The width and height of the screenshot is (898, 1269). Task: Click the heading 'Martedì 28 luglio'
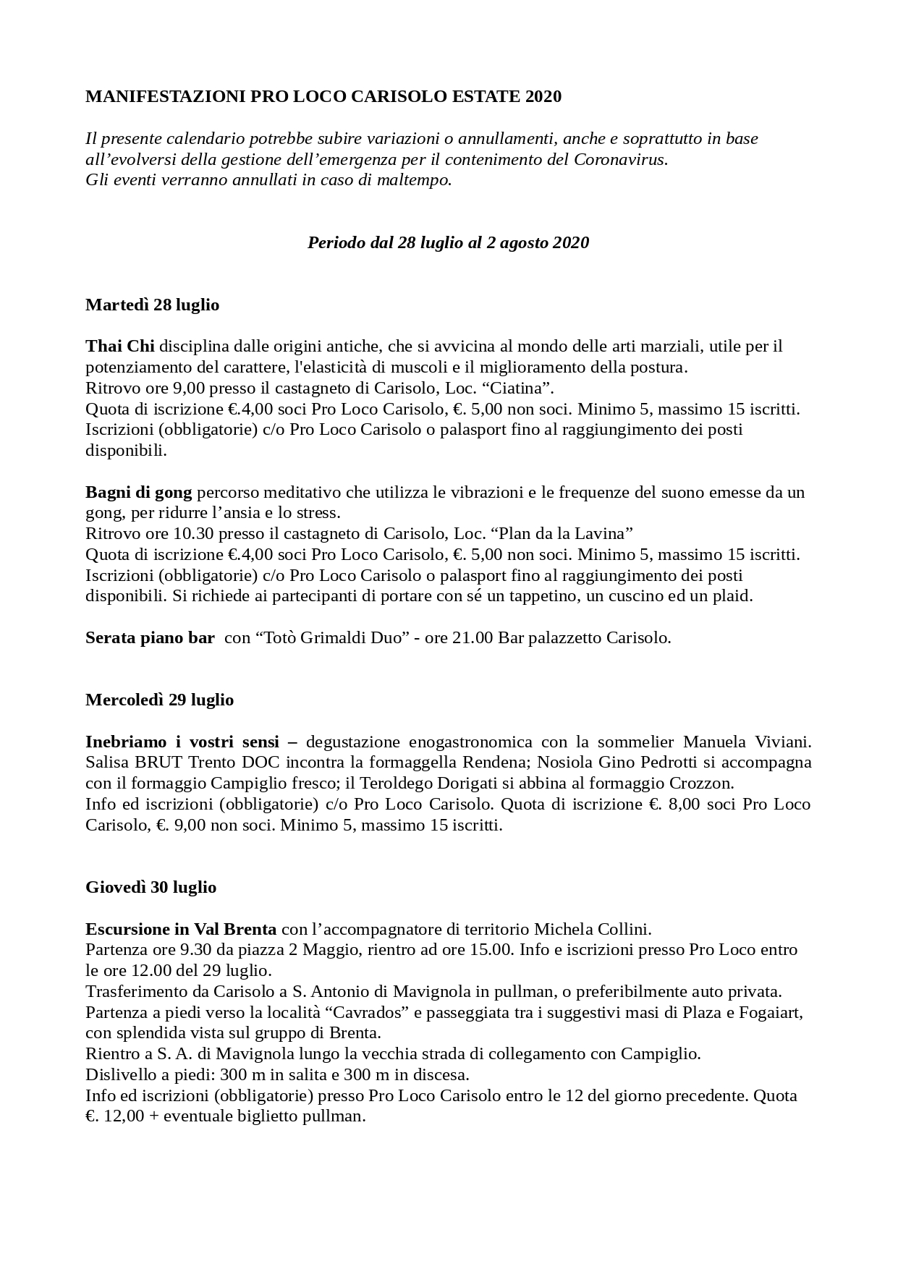152,305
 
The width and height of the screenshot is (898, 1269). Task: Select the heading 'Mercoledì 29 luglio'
159,700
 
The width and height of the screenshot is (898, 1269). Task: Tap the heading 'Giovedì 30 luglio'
151,887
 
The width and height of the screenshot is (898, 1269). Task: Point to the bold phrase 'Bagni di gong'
139,492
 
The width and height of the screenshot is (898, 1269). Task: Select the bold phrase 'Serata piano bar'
150,637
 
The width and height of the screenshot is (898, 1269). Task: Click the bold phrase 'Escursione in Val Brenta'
181,929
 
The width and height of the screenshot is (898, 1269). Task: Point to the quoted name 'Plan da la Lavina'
562,534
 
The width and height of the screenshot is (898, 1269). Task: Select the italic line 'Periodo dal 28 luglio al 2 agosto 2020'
448,242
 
